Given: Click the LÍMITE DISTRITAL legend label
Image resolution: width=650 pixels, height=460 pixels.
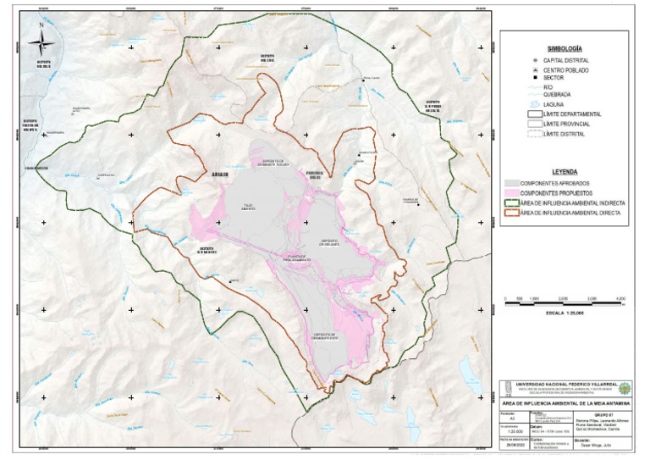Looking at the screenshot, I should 565,134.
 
